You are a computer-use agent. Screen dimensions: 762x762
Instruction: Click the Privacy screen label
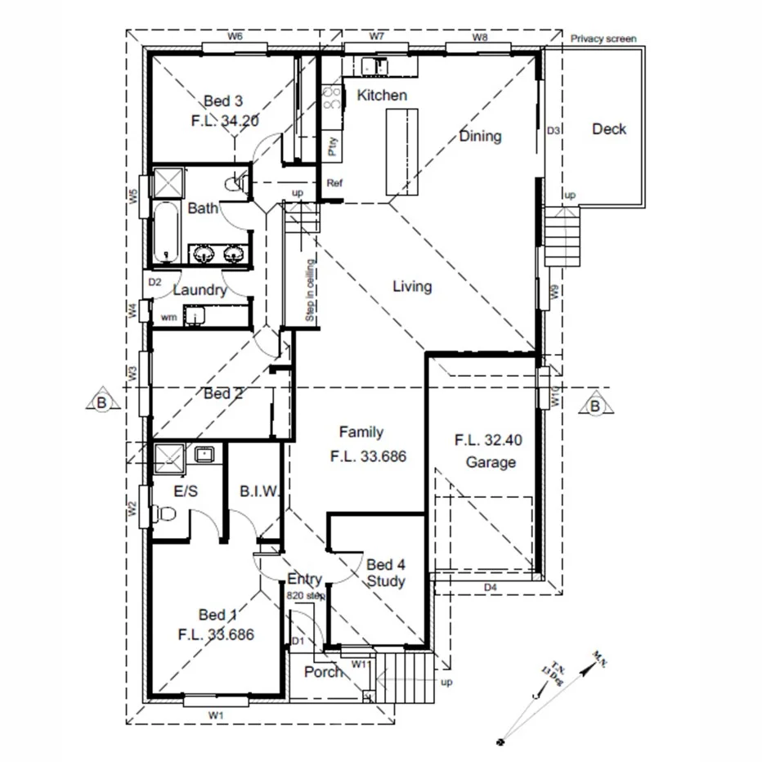pyautogui.click(x=603, y=38)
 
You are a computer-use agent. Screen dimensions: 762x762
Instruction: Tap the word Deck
pyautogui.click(x=609, y=129)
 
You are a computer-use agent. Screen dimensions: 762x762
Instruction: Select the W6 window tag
pyautogui.click(x=235, y=37)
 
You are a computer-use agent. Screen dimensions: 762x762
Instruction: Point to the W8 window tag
pyautogui.click(x=480, y=37)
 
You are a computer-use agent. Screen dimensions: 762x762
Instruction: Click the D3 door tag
pyautogui.click(x=554, y=131)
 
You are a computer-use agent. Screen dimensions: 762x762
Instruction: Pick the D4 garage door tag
pyautogui.click(x=491, y=587)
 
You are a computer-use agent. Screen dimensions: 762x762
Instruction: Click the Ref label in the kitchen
pyautogui.click(x=334, y=183)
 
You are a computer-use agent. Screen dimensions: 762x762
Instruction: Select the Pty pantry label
pyautogui.click(x=332, y=146)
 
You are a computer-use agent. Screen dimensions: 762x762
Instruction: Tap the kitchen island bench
pyautogui.click(x=401, y=151)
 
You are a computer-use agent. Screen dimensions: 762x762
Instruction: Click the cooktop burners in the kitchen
pyautogui.click(x=331, y=99)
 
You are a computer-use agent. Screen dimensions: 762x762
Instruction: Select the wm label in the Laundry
pyautogui.click(x=168, y=316)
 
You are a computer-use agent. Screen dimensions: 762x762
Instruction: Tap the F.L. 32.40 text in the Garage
pyautogui.click(x=488, y=440)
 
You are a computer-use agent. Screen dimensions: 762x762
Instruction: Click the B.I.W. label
pyautogui.click(x=260, y=491)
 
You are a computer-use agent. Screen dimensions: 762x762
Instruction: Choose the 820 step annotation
pyautogui.click(x=306, y=596)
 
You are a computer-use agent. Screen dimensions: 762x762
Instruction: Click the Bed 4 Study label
pyautogui.click(x=385, y=573)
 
